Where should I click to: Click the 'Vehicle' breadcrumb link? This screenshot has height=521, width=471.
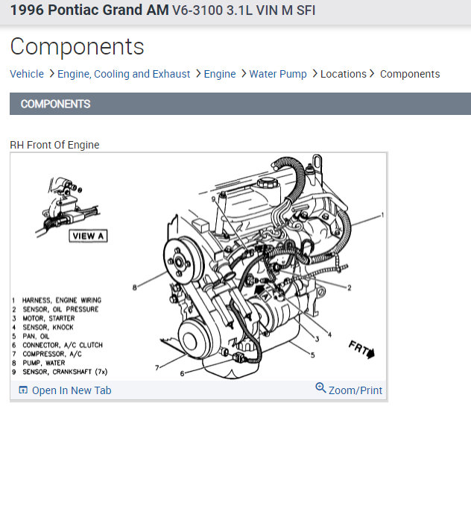click(x=27, y=74)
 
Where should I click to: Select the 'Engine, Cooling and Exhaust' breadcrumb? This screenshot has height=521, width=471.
click(x=124, y=74)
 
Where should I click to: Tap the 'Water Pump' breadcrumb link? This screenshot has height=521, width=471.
click(x=278, y=74)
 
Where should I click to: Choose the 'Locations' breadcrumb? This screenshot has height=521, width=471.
click(x=343, y=74)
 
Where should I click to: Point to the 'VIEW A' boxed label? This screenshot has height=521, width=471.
click(x=88, y=236)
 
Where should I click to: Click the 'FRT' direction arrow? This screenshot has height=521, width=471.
click(x=361, y=349)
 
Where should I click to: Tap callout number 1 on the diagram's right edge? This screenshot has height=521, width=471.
click(x=382, y=215)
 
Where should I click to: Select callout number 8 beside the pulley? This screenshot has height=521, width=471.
click(x=135, y=287)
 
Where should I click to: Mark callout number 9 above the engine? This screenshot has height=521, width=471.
click(x=212, y=199)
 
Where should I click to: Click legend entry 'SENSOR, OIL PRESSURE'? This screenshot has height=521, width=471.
click(x=60, y=309)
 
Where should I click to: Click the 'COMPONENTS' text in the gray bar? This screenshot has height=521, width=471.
click(x=56, y=104)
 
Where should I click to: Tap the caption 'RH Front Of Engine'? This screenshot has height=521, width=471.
click(x=54, y=145)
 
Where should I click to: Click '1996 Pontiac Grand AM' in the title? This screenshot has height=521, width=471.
click(x=89, y=11)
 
